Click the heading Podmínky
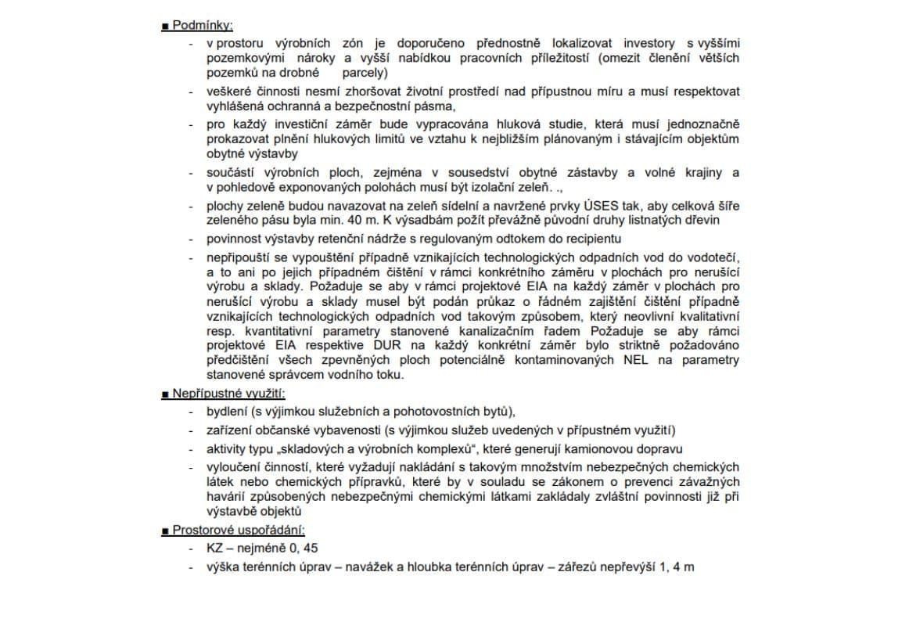point(202,25)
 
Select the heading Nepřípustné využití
point(228,393)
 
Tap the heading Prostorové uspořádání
point(239,530)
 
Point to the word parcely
point(365,73)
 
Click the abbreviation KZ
point(215,548)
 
